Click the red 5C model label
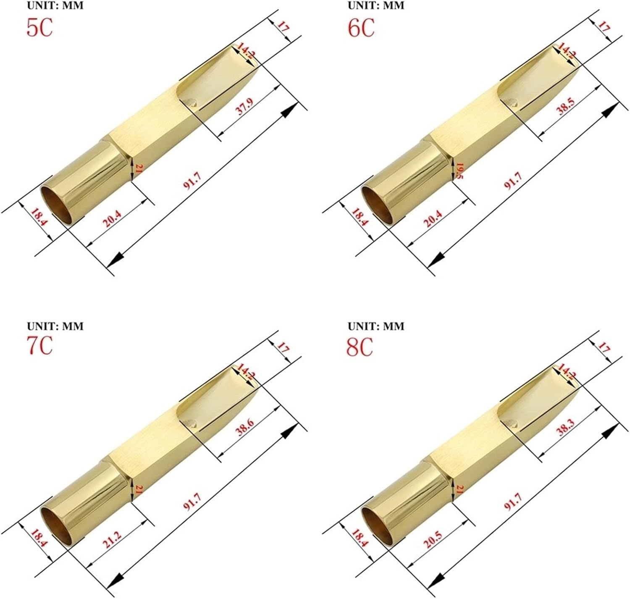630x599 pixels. coord(39,28)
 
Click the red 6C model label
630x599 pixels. coord(361,28)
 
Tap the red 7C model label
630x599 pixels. coord(39,346)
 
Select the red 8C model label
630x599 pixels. coord(360,347)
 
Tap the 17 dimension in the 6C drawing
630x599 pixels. coord(603,29)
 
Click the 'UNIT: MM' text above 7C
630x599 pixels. coord(55,326)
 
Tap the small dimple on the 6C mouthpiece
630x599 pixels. coord(513,101)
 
